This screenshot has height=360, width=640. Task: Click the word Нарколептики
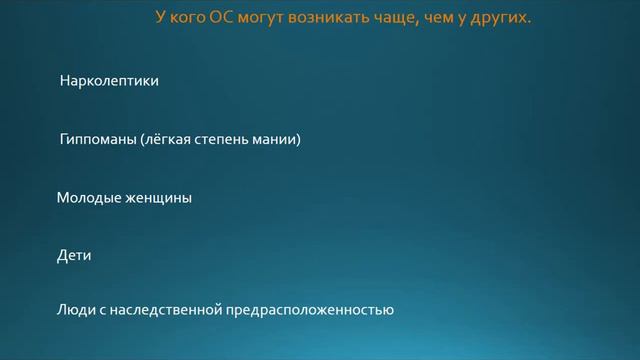click(109, 81)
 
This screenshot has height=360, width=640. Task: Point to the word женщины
click(159, 198)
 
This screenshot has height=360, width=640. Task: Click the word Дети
click(74, 256)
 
